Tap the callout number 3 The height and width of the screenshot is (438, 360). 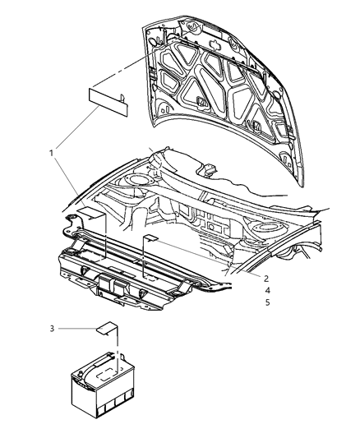tap(52, 330)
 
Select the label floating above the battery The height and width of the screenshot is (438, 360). tap(104, 330)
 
